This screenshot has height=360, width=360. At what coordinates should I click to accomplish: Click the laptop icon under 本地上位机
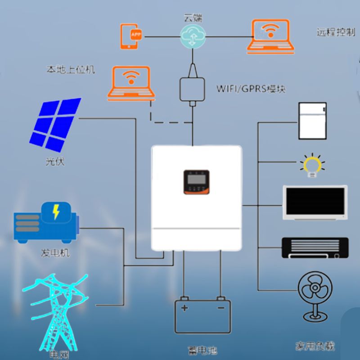tap(131, 83)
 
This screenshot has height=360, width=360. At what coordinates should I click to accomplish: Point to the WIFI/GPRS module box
tap(192, 90)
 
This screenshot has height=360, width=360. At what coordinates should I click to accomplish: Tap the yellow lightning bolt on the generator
tap(56, 212)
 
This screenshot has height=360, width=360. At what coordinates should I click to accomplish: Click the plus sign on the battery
tap(184, 308)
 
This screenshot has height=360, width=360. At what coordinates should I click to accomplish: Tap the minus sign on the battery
tap(220, 308)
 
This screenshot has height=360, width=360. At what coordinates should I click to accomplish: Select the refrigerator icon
tap(312, 121)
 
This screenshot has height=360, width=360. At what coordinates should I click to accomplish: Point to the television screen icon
tap(315, 202)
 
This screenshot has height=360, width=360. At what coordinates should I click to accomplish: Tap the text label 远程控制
tap(336, 33)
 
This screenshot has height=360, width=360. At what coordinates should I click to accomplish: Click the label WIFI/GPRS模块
tap(251, 88)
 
